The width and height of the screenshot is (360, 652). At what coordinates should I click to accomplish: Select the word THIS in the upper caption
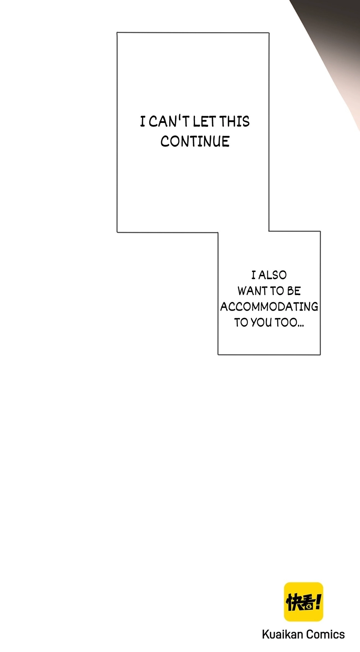[x=234, y=121]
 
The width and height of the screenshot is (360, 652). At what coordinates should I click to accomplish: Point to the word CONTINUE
[x=195, y=141]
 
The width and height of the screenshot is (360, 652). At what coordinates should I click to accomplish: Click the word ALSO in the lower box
[x=272, y=275]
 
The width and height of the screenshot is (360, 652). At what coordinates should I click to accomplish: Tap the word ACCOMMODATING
[x=269, y=306]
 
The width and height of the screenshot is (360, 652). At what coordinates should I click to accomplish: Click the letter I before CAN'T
[x=142, y=121]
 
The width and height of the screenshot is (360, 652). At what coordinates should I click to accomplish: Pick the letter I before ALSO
[x=254, y=275]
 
